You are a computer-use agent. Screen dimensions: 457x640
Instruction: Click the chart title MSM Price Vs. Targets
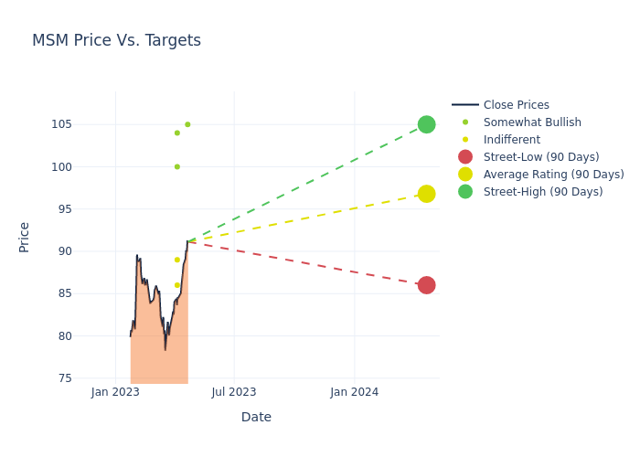(116, 41)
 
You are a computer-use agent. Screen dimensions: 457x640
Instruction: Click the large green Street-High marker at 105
(426, 124)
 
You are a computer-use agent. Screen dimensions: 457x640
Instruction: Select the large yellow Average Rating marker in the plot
(426, 194)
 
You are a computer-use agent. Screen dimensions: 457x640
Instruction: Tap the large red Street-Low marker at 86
(426, 285)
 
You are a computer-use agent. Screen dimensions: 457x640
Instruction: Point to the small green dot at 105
(187, 124)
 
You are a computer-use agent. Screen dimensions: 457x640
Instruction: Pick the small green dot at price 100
(177, 166)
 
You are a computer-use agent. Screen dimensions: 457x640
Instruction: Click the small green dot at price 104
(177, 133)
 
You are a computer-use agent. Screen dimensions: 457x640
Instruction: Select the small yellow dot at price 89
(177, 260)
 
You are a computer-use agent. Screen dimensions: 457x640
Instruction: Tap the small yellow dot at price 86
(177, 285)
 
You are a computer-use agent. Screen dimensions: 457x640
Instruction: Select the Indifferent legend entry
(511, 140)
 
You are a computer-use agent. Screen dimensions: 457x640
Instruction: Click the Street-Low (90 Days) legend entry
(541, 157)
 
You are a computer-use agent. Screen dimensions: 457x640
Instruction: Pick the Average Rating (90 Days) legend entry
(553, 175)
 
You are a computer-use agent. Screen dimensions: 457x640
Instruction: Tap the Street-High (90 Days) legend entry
(543, 192)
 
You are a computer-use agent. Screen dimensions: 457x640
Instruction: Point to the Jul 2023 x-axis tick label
(234, 392)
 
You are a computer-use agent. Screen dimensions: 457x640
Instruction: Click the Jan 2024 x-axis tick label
(354, 392)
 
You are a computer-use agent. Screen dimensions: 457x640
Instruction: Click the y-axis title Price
(25, 237)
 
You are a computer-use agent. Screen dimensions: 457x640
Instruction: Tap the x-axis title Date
(256, 418)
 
